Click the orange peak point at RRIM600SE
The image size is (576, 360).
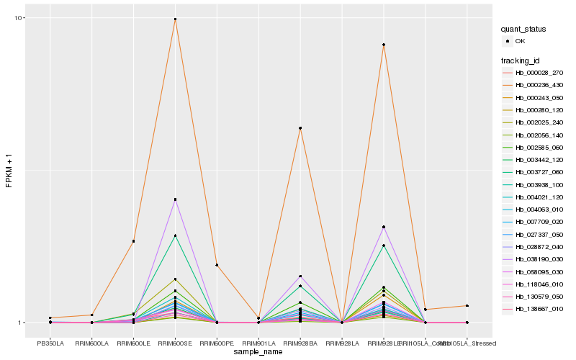pos(175,19)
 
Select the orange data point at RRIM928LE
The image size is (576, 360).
pos(384,45)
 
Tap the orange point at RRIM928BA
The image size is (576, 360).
pos(300,128)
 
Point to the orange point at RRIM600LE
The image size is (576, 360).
pos(134,241)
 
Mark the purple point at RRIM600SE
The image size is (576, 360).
pos(175,199)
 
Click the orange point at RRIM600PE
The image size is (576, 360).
pos(217,265)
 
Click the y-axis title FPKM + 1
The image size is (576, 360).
pos(9,171)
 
